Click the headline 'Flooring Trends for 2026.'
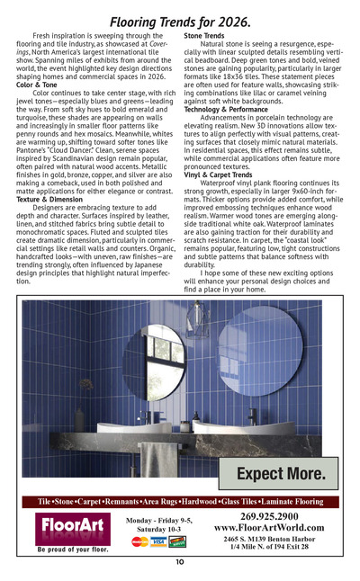(x=180, y=19)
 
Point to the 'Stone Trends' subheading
(x=204, y=35)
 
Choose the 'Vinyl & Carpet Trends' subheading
(x=218, y=174)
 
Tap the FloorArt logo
(x=73, y=524)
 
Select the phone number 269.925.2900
(x=269, y=515)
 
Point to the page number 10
(x=180, y=562)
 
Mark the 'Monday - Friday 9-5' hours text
(x=159, y=520)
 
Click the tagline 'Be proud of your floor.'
(x=73, y=548)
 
